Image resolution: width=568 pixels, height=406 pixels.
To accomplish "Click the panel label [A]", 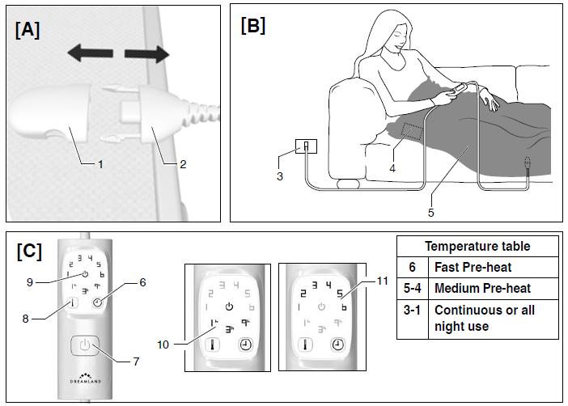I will [27, 31].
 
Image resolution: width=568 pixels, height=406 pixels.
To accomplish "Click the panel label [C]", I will [29, 251].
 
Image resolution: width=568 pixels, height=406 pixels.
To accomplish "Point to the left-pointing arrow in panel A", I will [90, 54].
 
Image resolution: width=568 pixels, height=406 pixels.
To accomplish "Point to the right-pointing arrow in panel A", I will [146, 54].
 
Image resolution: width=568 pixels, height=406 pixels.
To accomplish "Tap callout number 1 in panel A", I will [100, 165].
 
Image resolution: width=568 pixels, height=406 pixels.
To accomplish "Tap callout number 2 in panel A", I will [183, 165].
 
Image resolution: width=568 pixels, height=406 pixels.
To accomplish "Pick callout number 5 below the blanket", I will [430, 214].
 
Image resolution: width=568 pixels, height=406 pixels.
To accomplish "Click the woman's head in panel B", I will [394, 32].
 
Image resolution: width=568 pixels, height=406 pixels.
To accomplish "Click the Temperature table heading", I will [477, 246].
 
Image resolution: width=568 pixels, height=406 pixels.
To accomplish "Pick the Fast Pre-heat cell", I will [471, 267].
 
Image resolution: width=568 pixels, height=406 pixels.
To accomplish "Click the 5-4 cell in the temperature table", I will [412, 289].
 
